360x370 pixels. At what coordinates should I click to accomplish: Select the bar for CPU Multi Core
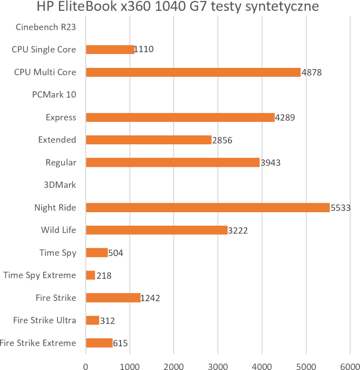pos(193,72)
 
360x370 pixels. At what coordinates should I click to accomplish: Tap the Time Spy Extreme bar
pos(90,275)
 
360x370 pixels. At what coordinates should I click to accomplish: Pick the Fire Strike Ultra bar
pos(92,320)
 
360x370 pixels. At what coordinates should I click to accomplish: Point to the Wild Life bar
pos(157,230)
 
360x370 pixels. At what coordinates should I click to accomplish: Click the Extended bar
pos(148,140)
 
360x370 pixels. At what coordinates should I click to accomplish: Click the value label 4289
pos(285,117)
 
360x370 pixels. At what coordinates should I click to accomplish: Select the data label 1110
pos(144,49)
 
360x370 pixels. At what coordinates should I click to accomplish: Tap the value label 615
pos(121,343)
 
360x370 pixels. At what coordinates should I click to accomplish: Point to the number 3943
pos(270,162)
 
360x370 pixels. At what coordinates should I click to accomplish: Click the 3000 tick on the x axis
pos(218,360)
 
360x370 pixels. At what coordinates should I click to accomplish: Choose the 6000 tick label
pos(350,360)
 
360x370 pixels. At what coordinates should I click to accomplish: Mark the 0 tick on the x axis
pos(85,360)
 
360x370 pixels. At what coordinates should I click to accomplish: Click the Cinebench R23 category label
pos(45,27)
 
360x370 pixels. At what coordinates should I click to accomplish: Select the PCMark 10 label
pos(54,94)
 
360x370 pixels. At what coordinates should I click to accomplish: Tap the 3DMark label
pos(60,185)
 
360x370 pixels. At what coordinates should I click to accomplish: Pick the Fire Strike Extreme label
pos(38,343)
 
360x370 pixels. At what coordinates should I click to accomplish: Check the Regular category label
pos(61,162)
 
